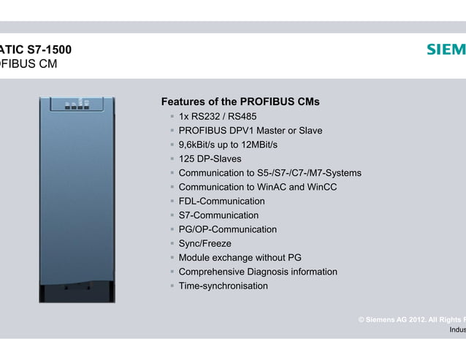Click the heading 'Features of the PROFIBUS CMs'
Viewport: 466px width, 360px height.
240,102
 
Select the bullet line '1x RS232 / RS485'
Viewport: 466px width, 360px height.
217,117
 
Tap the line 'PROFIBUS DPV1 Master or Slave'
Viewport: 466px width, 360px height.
250,131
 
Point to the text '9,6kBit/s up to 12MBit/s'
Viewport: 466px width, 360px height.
228,145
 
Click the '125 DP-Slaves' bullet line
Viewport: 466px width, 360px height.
210,158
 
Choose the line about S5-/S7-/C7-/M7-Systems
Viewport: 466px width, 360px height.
270,173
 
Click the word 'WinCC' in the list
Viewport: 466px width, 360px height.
321,187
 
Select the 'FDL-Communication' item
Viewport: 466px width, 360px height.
221,201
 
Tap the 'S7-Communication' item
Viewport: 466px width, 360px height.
218,215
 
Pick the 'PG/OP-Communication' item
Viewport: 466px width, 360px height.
227,229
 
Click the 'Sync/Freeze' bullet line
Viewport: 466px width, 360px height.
205,244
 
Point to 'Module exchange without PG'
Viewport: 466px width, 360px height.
240,258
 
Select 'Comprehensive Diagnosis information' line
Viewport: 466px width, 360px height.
258,272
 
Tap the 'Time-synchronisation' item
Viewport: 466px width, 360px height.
223,286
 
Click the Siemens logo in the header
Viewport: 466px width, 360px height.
446,50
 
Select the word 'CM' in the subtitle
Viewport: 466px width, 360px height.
45,64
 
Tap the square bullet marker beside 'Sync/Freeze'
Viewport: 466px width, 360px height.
172,244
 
